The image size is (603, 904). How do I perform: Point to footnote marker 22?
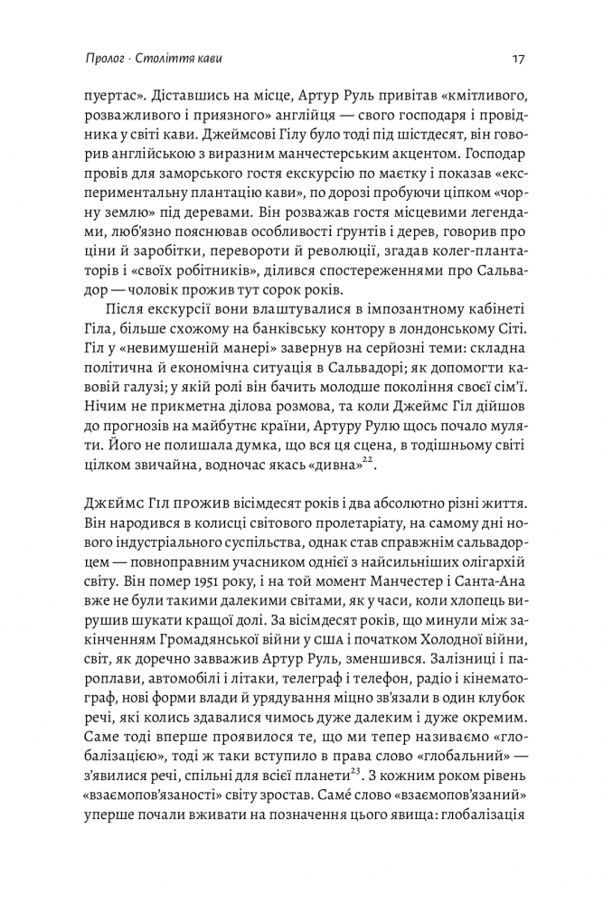(x=366, y=461)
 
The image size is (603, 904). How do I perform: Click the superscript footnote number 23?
(x=343, y=747)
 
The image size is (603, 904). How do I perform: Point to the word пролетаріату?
(x=334, y=530)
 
